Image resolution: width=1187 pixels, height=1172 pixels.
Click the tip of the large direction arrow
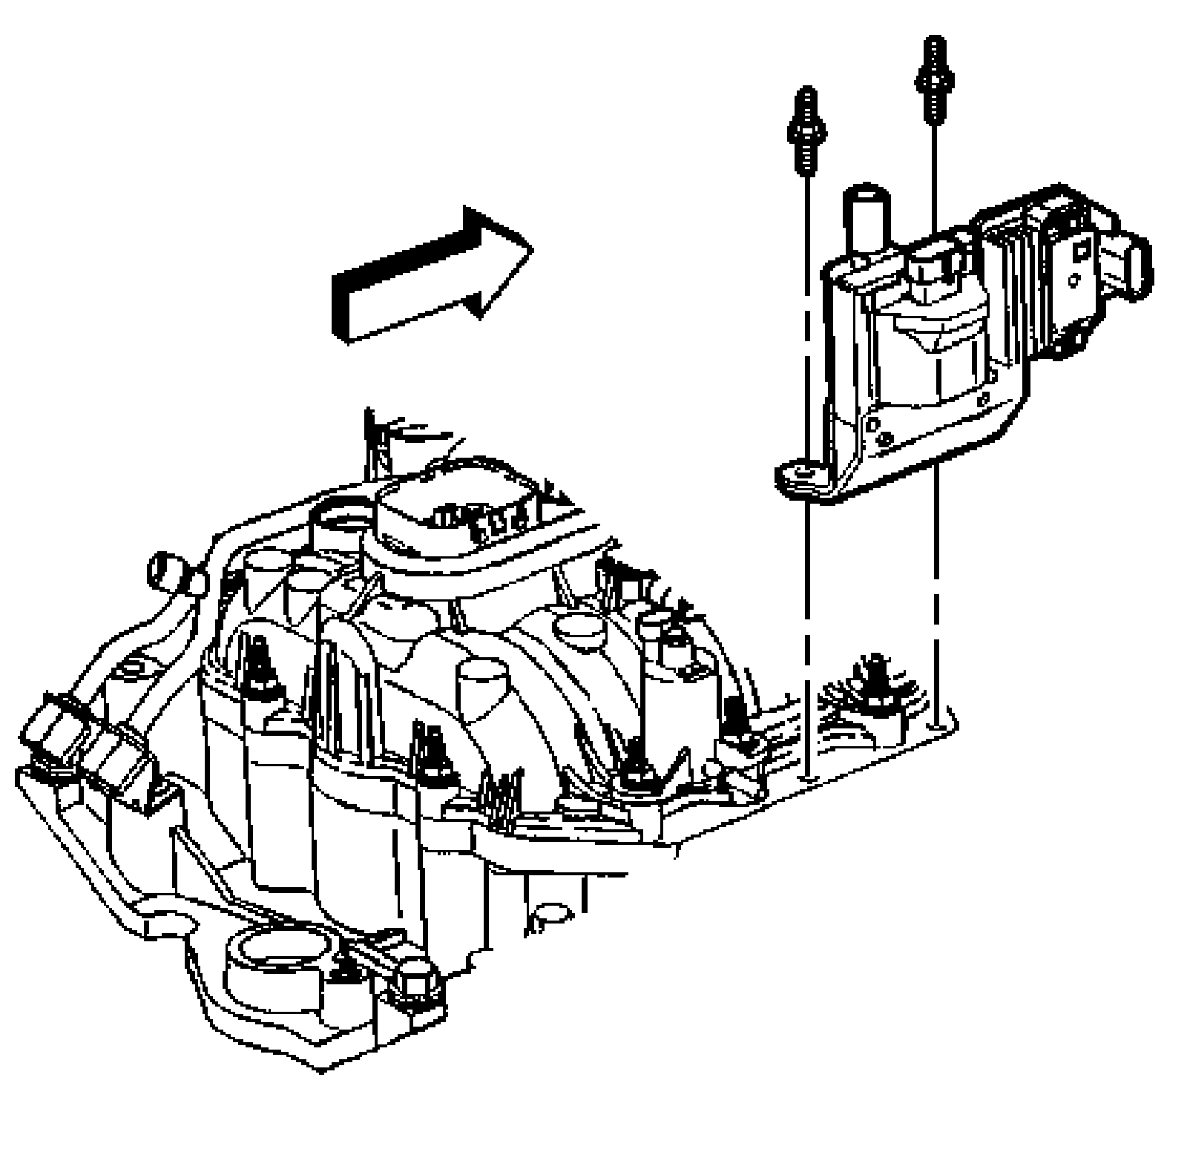coord(530,248)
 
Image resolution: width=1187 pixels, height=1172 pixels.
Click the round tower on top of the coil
coord(867,223)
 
